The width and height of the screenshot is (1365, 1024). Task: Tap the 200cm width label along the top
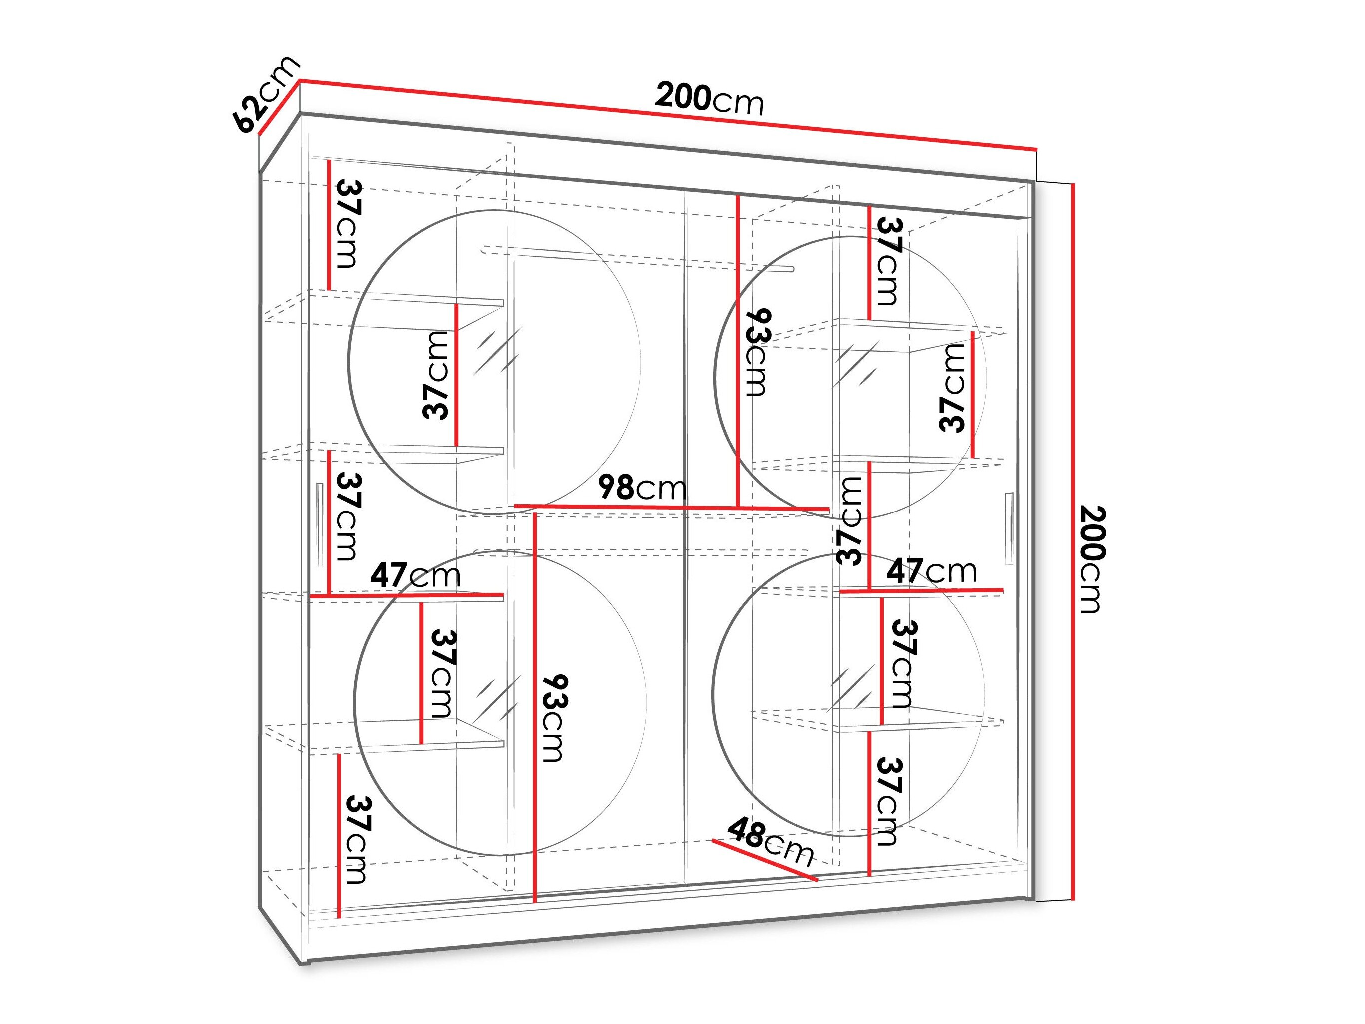click(709, 99)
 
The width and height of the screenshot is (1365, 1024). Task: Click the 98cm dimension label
click(642, 488)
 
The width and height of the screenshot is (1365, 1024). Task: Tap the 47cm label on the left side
click(415, 575)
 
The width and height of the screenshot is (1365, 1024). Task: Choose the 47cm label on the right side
click(932, 570)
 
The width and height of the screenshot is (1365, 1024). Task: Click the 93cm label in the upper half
click(757, 352)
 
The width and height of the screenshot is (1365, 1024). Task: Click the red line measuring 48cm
click(765, 860)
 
